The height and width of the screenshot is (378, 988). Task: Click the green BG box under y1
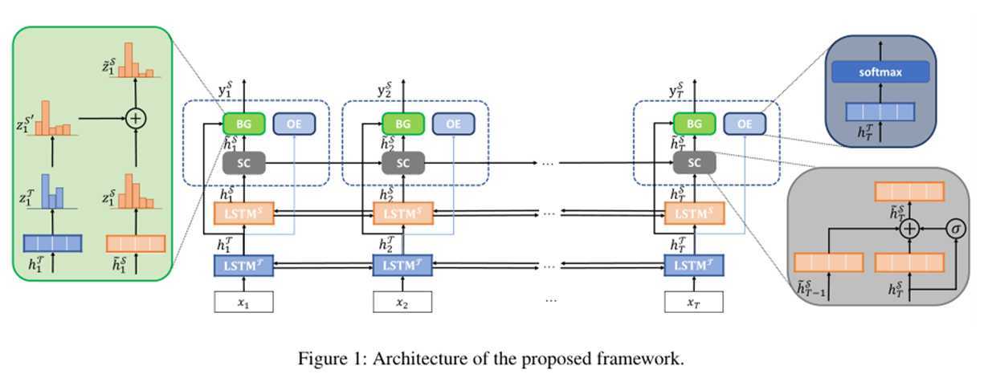coord(243,124)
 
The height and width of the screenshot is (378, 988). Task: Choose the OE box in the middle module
coord(454,124)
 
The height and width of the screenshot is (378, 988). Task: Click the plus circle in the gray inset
coord(909,228)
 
